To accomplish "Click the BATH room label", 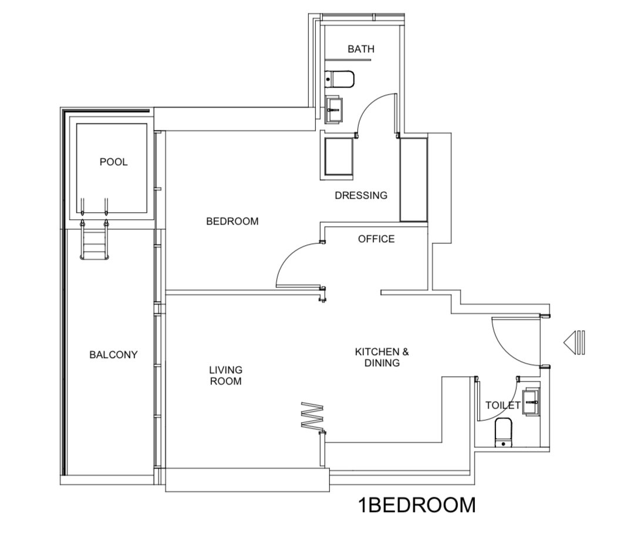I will pyautogui.click(x=360, y=49).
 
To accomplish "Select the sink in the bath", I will pyautogui.click(x=334, y=109).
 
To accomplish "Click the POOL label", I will pyautogui.click(x=113, y=162).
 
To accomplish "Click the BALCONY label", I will pyautogui.click(x=113, y=355).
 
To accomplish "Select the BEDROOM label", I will pyautogui.click(x=232, y=221).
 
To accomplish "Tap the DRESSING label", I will pyautogui.click(x=361, y=195).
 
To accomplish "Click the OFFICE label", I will pyautogui.click(x=376, y=239).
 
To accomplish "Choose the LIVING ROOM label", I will pyautogui.click(x=225, y=375).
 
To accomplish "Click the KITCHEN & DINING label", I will pyautogui.click(x=382, y=357).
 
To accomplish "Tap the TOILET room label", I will pyautogui.click(x=503, y=405).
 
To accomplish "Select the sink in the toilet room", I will pyautogui.click(x=531, y=402).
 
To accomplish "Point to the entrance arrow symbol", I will pyautogui.click(x=574, y=343).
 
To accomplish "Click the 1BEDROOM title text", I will pyautogui.click(x=417, y=504).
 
